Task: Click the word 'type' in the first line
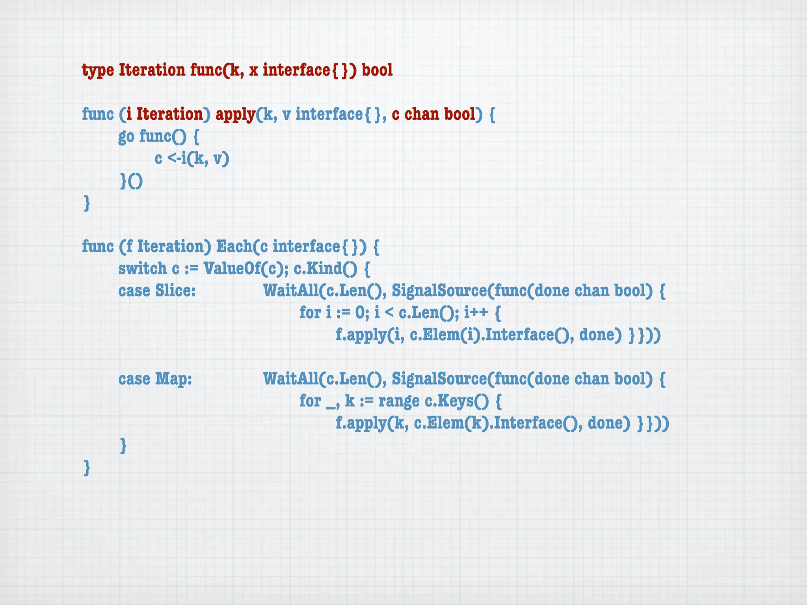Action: point(98,71)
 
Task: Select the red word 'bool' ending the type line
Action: point(377,70)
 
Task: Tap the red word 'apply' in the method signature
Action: point(235,115)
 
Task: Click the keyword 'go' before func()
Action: point(126,137)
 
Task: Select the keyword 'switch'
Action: point(143,269)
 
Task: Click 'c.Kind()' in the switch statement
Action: point(325,269)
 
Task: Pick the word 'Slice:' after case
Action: point(175,291)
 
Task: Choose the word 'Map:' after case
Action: point(173,379)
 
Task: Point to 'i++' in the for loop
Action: point(476,313)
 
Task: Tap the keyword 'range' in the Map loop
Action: point(399,401)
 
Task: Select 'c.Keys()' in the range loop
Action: point(457,401)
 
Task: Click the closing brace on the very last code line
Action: point(87,468)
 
